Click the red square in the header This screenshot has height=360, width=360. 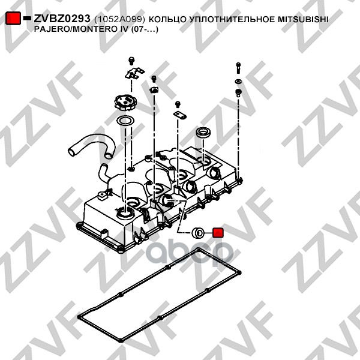click(13, 19)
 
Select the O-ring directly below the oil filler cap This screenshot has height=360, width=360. click(125, 122)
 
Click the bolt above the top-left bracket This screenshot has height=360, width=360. click(131, 60)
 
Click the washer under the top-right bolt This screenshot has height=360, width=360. click(238, 80)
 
